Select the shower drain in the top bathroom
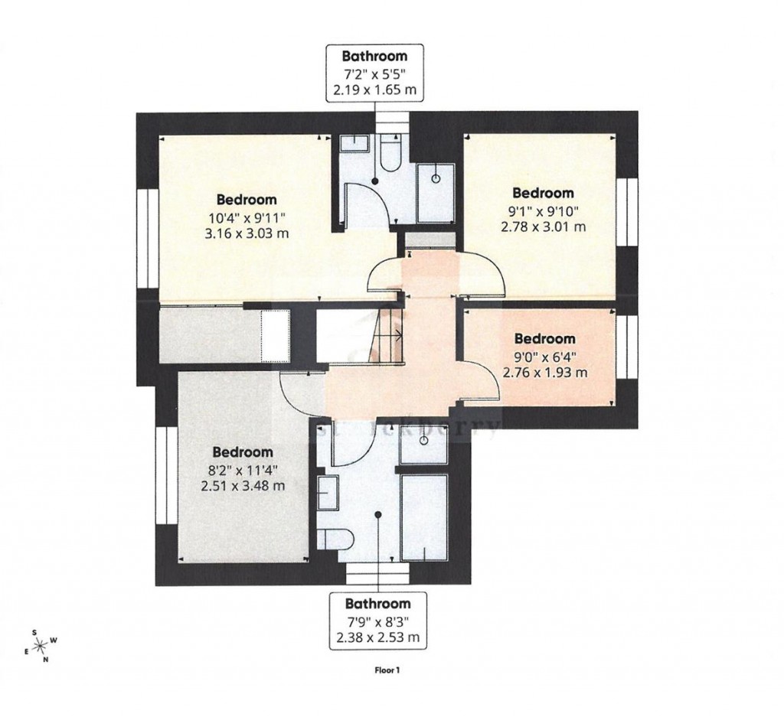[436, 178]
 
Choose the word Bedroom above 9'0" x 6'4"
[544, 338]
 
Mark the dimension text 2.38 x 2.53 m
[374, 636]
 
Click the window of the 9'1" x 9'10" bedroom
[629, 213]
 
